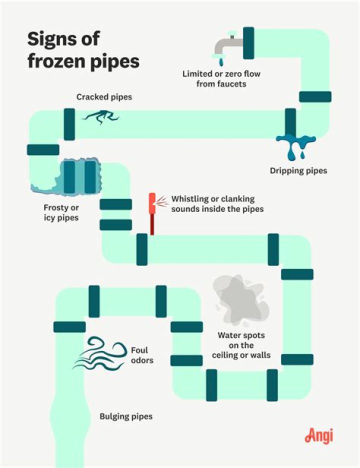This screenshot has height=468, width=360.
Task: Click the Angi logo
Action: tap(318, 435)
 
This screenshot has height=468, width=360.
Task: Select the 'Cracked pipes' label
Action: tap(104, 97)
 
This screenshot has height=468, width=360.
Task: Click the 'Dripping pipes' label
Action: tap(298, 170)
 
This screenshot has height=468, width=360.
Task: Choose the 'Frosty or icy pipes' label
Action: tap(60, 212)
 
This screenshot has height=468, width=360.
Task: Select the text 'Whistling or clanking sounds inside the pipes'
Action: tap(217, 204)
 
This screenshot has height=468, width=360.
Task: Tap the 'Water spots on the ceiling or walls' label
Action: tap(241, 345)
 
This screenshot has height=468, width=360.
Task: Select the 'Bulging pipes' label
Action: tap(125, 416)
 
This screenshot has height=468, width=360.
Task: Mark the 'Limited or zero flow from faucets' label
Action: tap(221, 78)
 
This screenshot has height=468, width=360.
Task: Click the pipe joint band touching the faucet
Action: tap(248, 43)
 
